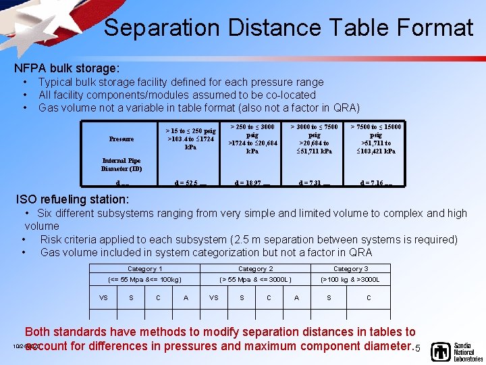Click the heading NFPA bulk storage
click(x=67, y=68)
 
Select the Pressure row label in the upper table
click(x=122, y=139)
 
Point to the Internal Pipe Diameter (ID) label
click(x=122, y=164)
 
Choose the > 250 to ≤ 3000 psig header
click(x=252, y=139)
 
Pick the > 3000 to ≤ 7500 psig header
click(x=314, y=139)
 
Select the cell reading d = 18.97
click(x=252, y=182)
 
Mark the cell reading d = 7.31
click(x=314, y=182)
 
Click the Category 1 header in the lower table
click(x=144, y=268)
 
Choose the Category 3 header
click(x=350, y=268)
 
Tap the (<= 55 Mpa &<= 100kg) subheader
click(x=144, y=279)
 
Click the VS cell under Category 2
click(x=213, y=297)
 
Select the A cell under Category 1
click(x=186, y=297)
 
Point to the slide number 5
click(x=418, y=348)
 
